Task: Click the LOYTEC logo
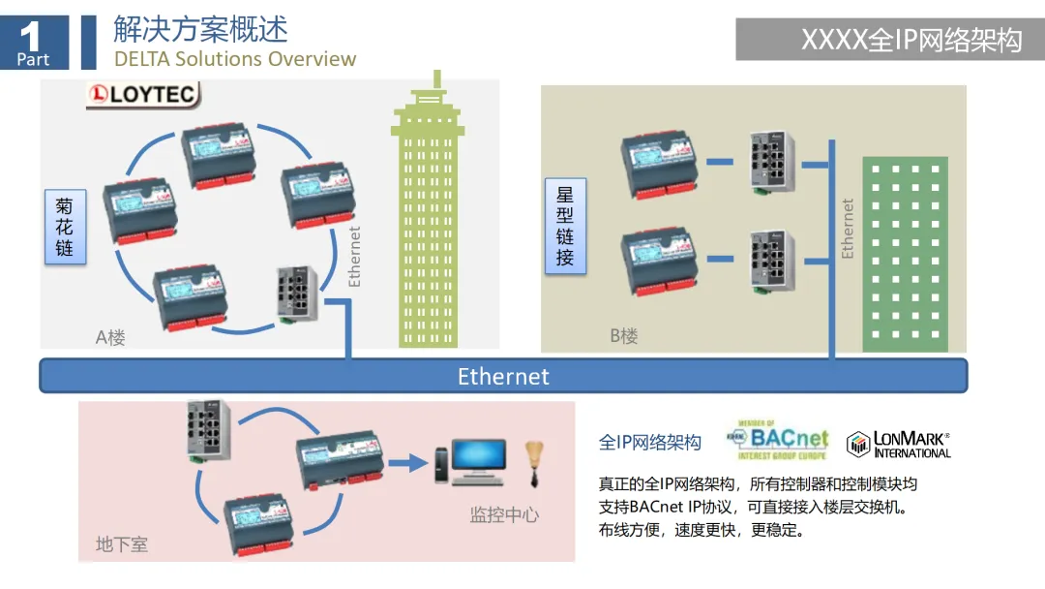143,95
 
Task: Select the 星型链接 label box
565,226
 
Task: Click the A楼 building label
110,338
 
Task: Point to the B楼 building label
624,336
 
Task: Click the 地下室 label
122,544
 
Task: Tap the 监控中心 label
504,514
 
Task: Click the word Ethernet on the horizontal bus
503,376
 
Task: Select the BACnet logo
776,441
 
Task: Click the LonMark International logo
899,445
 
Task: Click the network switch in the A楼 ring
296,292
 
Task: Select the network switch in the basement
208,429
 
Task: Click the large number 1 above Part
31,36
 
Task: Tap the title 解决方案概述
200,28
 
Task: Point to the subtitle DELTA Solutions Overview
235,59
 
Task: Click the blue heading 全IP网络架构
650,443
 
